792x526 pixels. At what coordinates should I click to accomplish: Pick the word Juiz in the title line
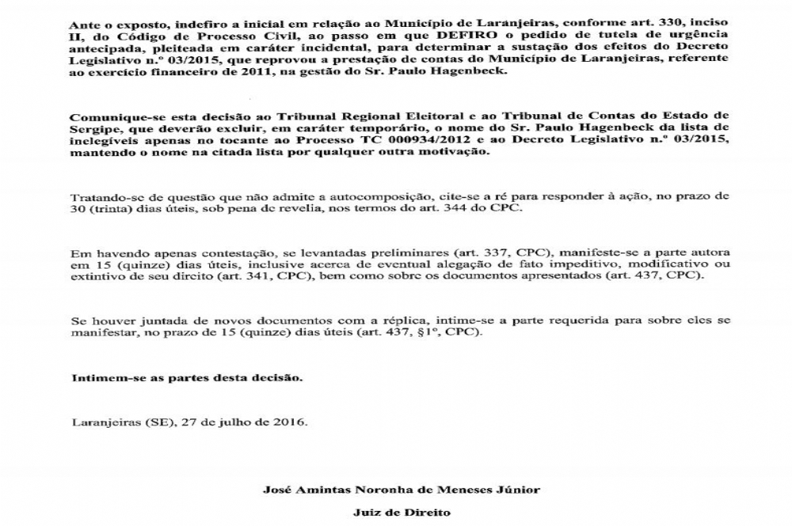click(366, 513)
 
